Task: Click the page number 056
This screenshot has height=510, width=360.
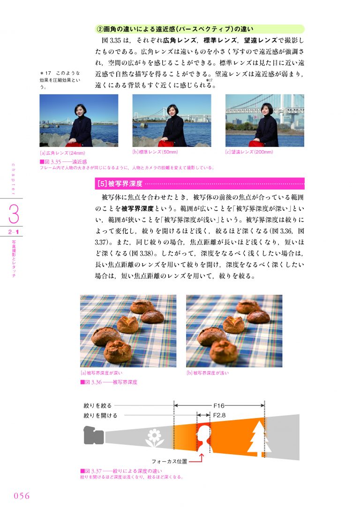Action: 22,495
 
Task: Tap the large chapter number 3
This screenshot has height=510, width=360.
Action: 14,213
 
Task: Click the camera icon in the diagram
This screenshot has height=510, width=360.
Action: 94,435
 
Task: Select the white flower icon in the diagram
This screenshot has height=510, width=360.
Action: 155,438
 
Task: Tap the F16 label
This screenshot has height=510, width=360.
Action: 218,405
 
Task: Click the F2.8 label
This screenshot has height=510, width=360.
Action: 219,415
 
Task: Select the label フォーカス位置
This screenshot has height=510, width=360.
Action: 169,461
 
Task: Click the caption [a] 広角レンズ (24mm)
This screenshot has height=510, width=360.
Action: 62,153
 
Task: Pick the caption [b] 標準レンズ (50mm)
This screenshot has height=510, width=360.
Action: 155,152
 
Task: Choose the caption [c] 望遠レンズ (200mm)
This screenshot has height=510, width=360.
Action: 249,152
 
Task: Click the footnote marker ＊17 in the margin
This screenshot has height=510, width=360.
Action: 45,73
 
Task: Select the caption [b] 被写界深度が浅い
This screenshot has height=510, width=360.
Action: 208,373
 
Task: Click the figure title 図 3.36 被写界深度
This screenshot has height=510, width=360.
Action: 109,382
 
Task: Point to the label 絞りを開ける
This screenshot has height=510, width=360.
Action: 100,415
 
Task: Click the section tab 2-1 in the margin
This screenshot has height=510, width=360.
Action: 14,232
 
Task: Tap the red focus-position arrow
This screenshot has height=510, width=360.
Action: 197,459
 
